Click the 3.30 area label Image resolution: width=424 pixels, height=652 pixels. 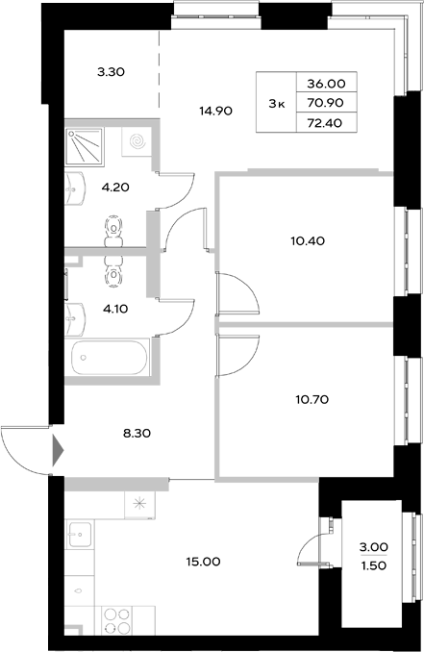[112, 71]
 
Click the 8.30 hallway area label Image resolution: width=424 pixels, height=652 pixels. [137, 434]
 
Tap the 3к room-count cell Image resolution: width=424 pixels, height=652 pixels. [275, 103]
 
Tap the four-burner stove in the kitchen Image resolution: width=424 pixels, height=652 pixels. [117, 621]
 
